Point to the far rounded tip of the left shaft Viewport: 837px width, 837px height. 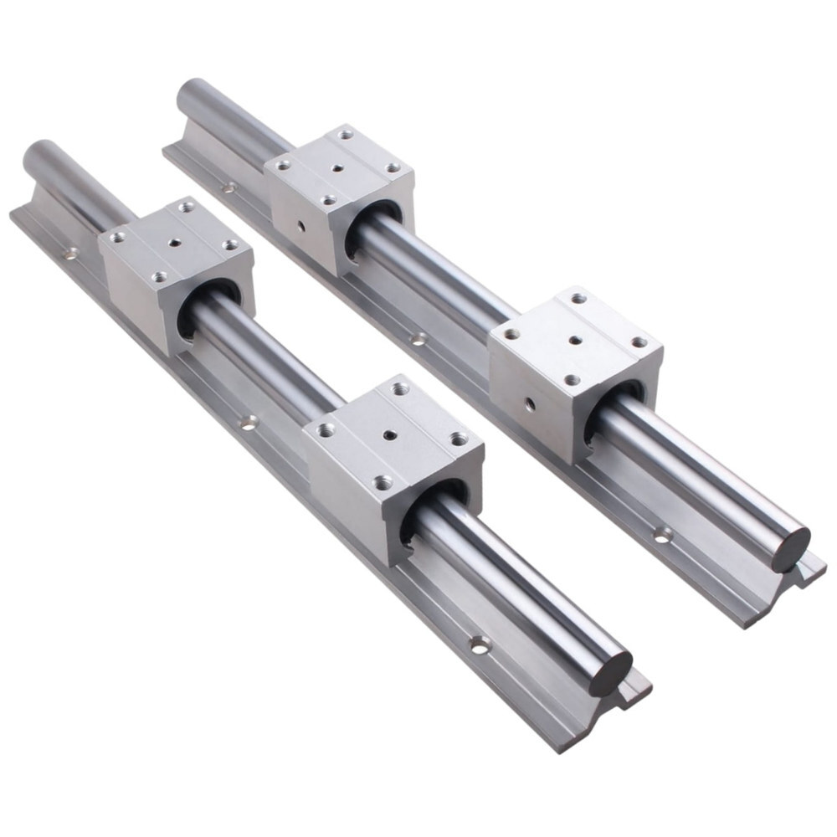[35, 154]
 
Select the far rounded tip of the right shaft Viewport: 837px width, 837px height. [189, 90]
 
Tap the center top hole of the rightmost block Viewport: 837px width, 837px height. [575, 340]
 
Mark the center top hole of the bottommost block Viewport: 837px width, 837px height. [390, 435]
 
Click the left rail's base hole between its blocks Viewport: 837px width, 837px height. [248, 422]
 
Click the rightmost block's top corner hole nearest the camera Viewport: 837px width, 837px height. [572, 380]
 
